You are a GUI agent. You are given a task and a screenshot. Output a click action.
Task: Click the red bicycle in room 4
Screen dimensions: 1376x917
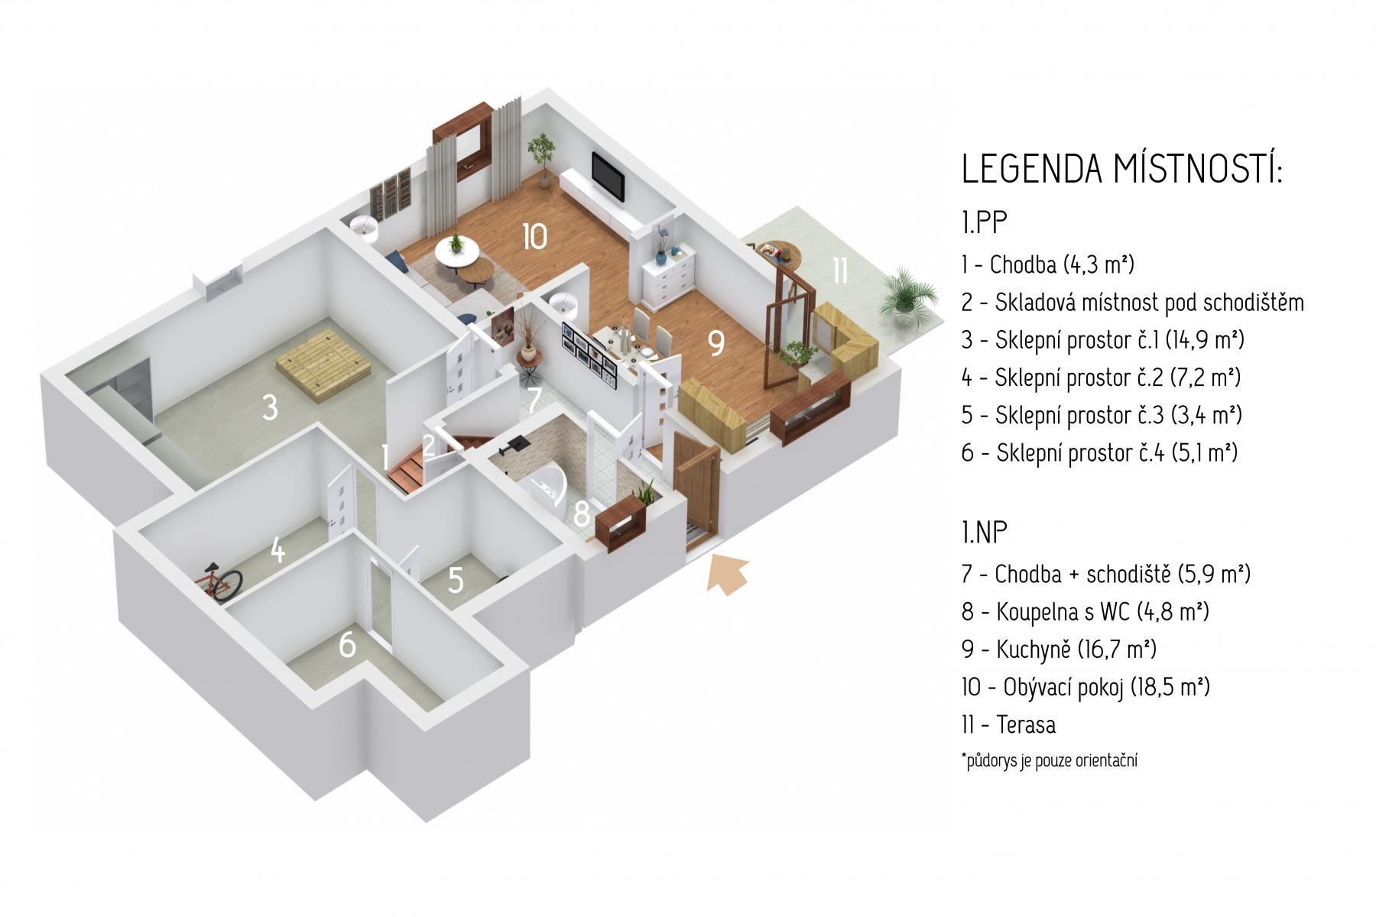point(224,583)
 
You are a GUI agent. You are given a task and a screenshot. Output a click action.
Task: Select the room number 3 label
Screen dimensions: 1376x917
point(270,407)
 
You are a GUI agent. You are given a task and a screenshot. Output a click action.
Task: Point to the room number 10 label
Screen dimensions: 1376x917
point(535,236)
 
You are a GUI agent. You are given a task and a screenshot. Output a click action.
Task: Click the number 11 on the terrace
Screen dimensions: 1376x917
point(839,270)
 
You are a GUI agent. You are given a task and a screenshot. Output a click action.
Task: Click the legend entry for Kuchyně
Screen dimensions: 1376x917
point(1059,650)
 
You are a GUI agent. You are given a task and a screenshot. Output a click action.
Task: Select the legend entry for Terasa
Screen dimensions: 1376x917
point(1008,724)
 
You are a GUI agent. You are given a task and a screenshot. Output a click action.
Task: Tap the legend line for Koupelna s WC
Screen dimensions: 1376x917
point(1086,611)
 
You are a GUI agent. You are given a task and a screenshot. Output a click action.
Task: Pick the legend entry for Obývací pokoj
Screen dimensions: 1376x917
point(1086,687)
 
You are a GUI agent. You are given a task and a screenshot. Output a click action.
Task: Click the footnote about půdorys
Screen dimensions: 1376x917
point(1050,761)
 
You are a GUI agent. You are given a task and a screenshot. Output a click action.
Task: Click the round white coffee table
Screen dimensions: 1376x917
point(457,251)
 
